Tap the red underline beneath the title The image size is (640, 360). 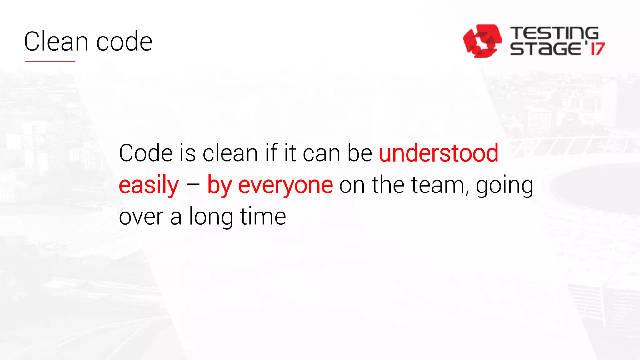pos(50,61)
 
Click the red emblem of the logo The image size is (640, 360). pos(482,41)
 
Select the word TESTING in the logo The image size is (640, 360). pos(554,33)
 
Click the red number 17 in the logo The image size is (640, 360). pos(597,49)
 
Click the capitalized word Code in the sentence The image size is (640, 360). pos(146,153)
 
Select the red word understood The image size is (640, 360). pos(438,153)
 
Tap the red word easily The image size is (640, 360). pos(149,185)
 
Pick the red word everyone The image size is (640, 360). pos(285,185)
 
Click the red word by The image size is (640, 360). pos(219,185)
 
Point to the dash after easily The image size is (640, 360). pos(193,184)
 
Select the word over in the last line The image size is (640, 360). pos(141,217)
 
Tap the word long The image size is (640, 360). pos(211,217)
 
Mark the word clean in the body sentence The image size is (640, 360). pos(230,153)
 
